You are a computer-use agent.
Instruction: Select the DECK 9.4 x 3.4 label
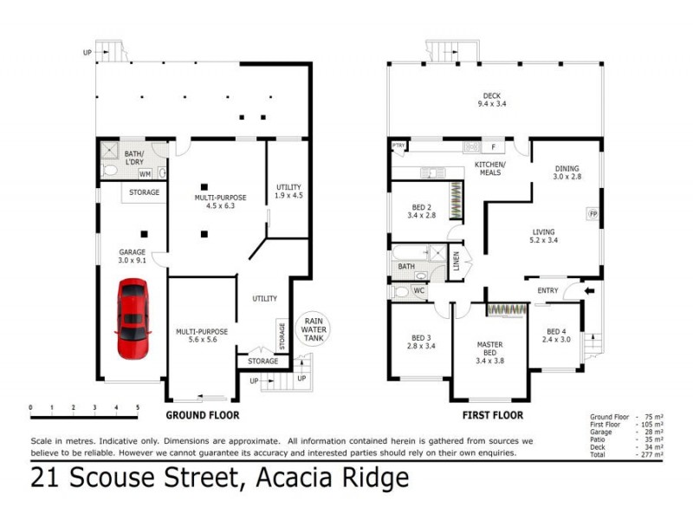point(492,101)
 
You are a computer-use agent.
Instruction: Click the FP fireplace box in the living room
point(593,213)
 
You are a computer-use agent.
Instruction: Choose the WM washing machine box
point(144,173)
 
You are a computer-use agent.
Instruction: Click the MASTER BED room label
point(489,349)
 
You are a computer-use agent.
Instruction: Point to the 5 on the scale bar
point(137,406)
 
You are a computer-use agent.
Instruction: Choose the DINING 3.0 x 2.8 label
point(567,172)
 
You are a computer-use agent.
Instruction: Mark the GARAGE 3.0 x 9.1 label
point(133,257)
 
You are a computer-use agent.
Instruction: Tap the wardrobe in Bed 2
point(455,198)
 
